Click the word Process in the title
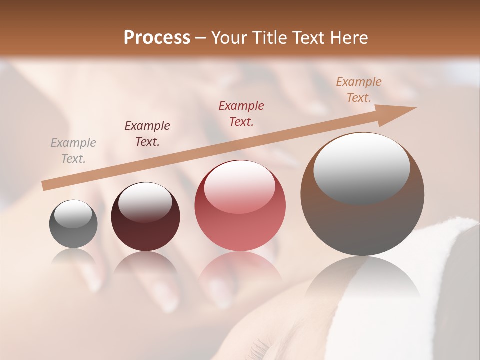pos(157,38)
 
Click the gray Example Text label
pos(73,151)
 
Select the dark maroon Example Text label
pos(147,134)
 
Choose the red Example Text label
pos(241,114)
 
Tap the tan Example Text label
pos(359,90)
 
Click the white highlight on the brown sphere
pos(362,167)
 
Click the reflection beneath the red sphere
pos(240,272)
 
